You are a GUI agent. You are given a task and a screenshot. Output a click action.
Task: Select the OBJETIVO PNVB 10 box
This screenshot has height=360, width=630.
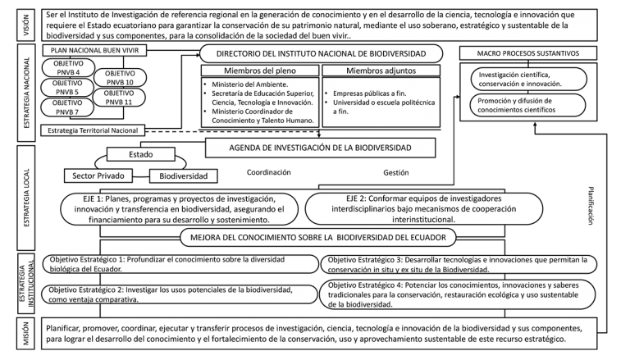pyautogui.click(x=121, y=78)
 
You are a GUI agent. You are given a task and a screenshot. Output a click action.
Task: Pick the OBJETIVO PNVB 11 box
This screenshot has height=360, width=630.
pyautogui.click(x=121, y=98)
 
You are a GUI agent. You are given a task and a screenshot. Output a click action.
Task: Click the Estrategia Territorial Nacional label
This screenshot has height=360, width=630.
pyautogui.click(x=94, y=130)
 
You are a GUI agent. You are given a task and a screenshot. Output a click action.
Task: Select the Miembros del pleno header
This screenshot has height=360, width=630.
pyautogui.click(x=259, y=71)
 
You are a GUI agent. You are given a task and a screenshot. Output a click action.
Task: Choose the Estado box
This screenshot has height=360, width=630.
pyautogui.click(x=140, y=154)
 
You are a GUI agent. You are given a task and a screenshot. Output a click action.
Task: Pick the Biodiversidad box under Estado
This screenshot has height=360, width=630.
pyautogui.click(x=183, y=175)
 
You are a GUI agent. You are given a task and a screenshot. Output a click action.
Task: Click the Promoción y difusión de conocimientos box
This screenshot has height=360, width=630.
pyautogui.click(x=526, y=105)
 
